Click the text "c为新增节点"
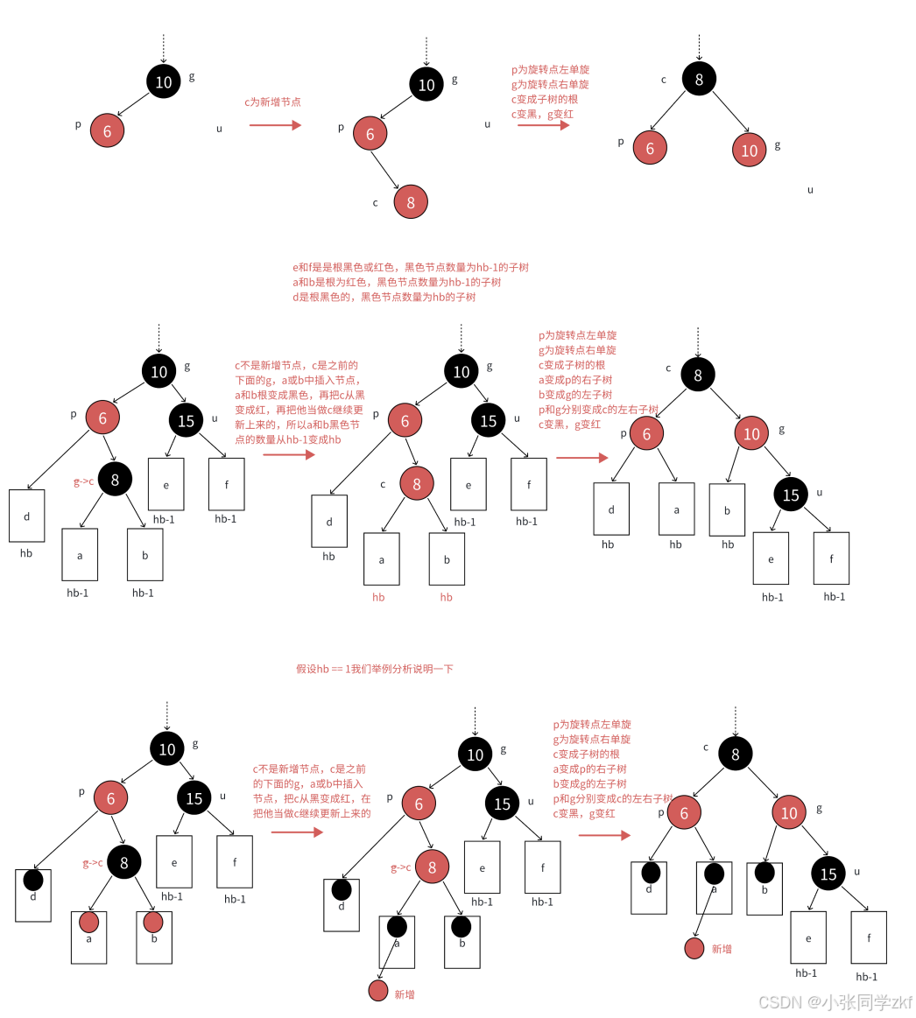pyautogui.click(x=272, y=102)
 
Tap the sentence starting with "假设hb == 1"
pyautogui.click(x=374, y=669)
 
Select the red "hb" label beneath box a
pyautogui.click(x=378, y=598)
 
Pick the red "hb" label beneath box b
pyautogui.click(x=447, y=598)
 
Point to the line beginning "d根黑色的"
pyautogui.click(x=384, y=298)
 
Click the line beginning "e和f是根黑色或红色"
pyautogui.click(x=410, y=268)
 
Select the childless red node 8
pyautogui.click(x=410, y=202)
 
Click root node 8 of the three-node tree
pyautogui.click(x=699, y=80)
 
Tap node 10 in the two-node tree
pyautogui.click(x=164, y=82)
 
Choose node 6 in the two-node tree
pyautogui.click(x=108, y=131)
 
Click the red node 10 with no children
pyautogui.click(x=750, y=150)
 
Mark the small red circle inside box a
pyautogui.click(x=88, y=922)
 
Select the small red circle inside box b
pyautogui.click(x=153, y=922)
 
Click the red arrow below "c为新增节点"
pyautogui.click(x=275, y=125)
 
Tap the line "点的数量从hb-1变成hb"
pyautogui.click(x=287, y=440)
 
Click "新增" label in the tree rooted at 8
pyautogui.click(x=722, y=949)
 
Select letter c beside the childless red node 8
pyautogui.click(x=375, y=203)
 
